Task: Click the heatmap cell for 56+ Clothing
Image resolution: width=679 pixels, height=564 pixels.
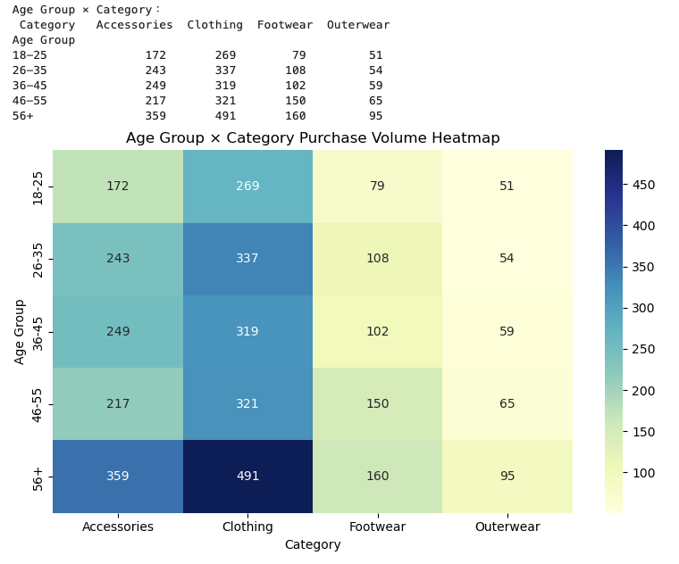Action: [247, 477]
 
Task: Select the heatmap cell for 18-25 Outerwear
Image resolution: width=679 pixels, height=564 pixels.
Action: [507, 187]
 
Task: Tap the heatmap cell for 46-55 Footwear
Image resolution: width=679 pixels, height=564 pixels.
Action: [377, 404]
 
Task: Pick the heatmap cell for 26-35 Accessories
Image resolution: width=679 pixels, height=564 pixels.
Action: [118, 259]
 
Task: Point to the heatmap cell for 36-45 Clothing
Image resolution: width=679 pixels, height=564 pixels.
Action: [247, 331]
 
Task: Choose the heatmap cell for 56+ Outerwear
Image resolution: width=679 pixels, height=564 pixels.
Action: [507, 477]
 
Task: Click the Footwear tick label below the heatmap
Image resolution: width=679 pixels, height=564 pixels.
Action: [377, 527]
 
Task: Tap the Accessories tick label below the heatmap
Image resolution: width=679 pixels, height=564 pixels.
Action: [118, 527]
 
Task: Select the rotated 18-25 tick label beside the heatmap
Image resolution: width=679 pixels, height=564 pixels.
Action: [38, 187]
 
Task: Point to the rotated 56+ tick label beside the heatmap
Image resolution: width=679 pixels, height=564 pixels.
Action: [38, 477]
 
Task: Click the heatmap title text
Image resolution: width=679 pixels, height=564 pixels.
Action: [313, 138]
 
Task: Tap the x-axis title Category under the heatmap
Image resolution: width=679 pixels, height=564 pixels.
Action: [313, 544]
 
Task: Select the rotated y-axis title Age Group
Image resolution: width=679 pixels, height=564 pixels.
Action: [20, 331]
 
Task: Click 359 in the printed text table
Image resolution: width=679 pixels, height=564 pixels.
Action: [155, 116]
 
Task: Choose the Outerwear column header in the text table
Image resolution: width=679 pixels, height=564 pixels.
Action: [358, 25]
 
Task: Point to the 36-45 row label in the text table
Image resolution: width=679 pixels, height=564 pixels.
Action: [29, 86]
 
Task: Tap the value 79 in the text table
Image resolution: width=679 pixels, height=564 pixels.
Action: [298, 55]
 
